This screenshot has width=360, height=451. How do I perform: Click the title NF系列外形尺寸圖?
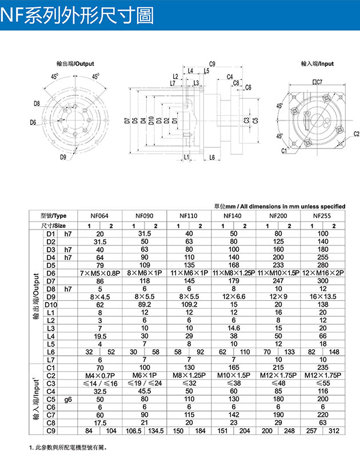[78, 16]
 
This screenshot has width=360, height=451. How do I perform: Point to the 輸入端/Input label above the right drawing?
[317, 64]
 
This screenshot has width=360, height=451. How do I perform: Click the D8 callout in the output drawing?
[37, 103]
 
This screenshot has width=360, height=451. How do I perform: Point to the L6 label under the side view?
[211, 157]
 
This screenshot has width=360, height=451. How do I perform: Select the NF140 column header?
[234, 216]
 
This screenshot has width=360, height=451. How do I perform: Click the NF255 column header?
[323, 216]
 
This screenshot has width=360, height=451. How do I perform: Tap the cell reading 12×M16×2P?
[323, 273]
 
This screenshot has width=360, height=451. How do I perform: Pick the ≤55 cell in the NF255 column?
[323, 383]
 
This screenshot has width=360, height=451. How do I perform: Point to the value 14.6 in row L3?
[234, 328]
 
